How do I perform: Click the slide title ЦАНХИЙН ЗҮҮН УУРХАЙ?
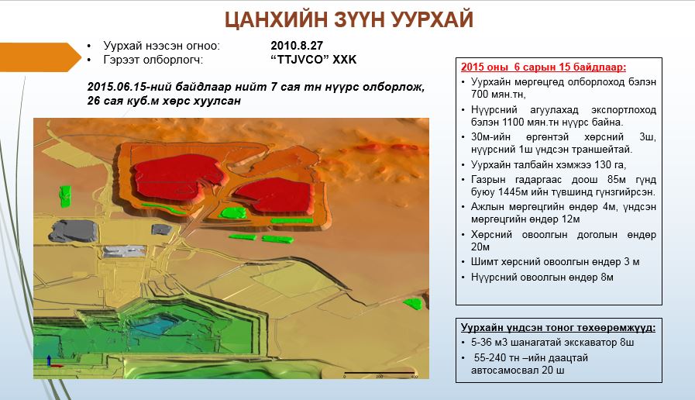point(349,19)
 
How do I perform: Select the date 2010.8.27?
point(297,46)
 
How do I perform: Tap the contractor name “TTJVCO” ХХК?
point(313,60)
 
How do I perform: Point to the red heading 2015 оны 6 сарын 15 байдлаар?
point(543,67)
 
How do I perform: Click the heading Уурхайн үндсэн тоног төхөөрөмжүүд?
point(558,327)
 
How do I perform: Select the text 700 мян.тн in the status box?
point(498,94)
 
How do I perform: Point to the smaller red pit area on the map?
point(274,196)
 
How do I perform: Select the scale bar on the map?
point(379,373)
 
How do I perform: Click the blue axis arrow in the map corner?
point(49,360)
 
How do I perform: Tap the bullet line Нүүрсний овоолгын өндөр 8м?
point(542,278)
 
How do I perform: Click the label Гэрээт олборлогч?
point(153,60)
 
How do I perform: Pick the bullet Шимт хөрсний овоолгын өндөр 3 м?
point(555,262)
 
